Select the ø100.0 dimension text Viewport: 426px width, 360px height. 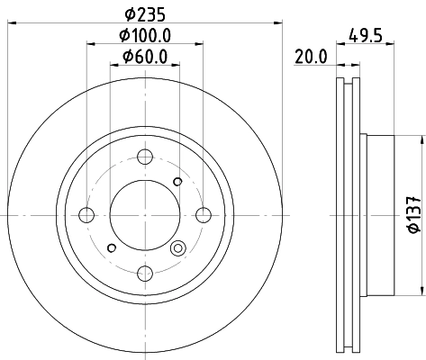tap(144, 36)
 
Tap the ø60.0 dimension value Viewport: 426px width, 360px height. tap(144, 59)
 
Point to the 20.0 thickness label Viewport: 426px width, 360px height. tap(310, 57)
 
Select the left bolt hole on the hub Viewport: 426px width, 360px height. tap(87, 214)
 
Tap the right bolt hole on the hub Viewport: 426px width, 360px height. tap(202, 214)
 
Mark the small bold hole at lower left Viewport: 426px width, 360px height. tap(111, 247)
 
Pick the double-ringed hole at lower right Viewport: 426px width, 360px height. tap(177, 248)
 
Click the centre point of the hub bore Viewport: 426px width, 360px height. tap(144, 214)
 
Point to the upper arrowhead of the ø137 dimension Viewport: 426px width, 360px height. tap(421, 139)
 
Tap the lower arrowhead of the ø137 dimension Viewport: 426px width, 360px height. tap(421, 290)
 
